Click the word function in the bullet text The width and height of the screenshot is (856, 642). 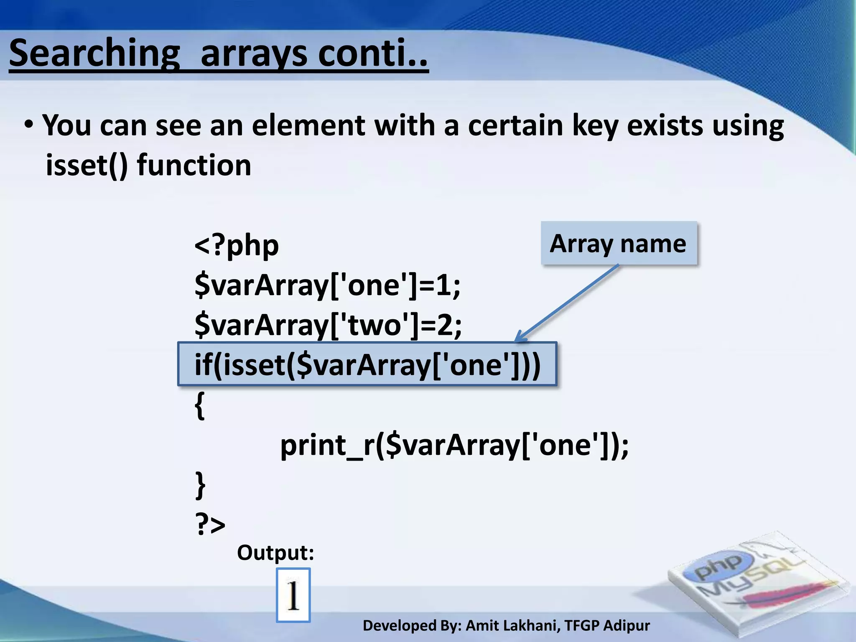click(x=194, y=165)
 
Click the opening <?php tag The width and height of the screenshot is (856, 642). click(x=237, y=245)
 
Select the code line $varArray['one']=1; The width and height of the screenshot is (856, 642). click(x=327, y=285)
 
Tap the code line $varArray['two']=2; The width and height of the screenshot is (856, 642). click(x=328, y=325)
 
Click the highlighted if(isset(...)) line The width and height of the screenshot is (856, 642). click(x=367, y=364)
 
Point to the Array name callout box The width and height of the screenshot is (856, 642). click(x=619, y=244)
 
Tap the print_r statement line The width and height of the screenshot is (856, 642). click(x=454, y=445)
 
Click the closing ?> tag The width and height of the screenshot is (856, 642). click(x=210, y=524)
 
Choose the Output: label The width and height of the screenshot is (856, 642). click(x=275, y=553)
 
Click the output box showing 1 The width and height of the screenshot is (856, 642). click(x=293, y=595)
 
